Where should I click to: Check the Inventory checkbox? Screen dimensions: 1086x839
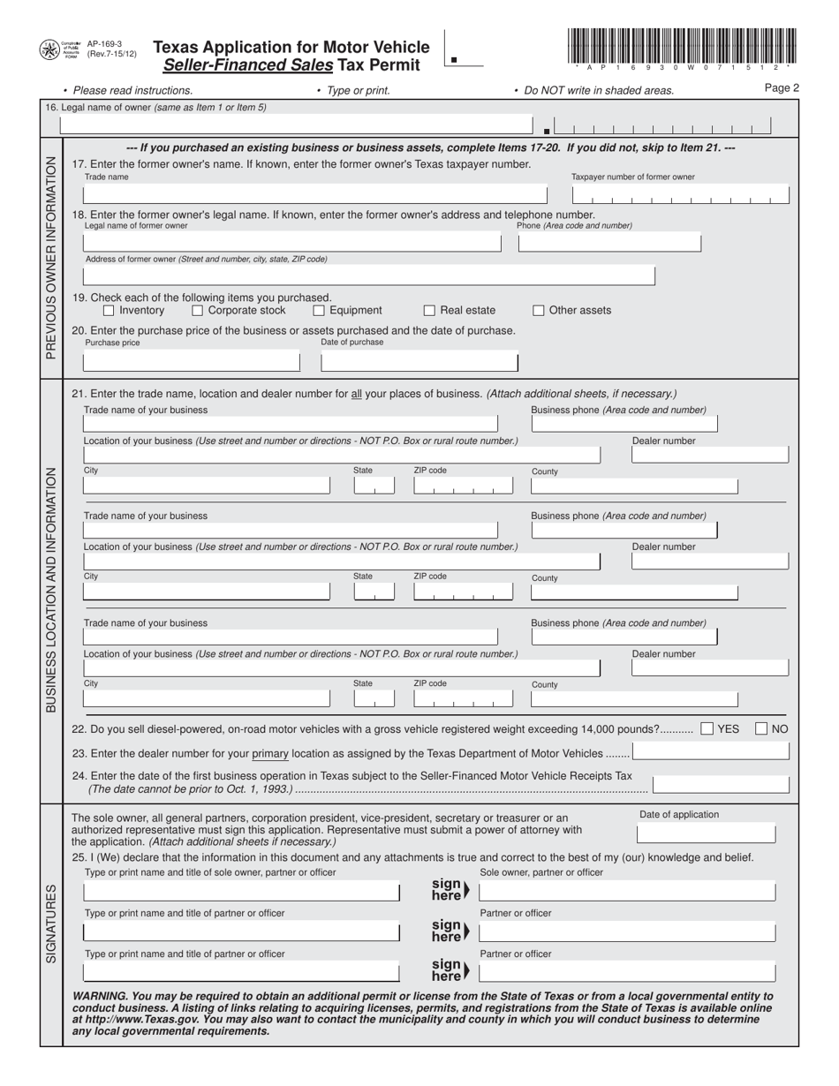click(109, 311)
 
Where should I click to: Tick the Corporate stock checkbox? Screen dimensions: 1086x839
click(198, 311)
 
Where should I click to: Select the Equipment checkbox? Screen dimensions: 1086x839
click(319, 311)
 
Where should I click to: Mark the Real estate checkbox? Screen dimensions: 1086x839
click(430, 311)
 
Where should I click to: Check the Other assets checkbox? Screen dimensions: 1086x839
click(539, 311)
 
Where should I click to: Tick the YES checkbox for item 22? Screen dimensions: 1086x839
click(707, 729)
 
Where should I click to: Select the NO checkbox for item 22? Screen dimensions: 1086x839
click(761, 729)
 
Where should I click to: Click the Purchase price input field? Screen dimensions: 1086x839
click(191, 362)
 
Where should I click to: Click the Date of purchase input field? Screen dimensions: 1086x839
click(419, 362)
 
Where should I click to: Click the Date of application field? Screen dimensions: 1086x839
click(707, 834)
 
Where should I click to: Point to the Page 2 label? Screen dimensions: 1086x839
click(782, 88)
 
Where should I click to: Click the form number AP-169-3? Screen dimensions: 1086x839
click(104, 43)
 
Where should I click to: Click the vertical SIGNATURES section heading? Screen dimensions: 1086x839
click(51, 923)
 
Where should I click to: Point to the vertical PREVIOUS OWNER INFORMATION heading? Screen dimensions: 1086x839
click(51, 257)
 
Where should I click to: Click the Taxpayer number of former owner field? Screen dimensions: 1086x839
click(679, 195)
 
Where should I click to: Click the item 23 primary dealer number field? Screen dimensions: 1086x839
click(711, 752)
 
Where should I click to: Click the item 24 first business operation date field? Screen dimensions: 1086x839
click(721, 783)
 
